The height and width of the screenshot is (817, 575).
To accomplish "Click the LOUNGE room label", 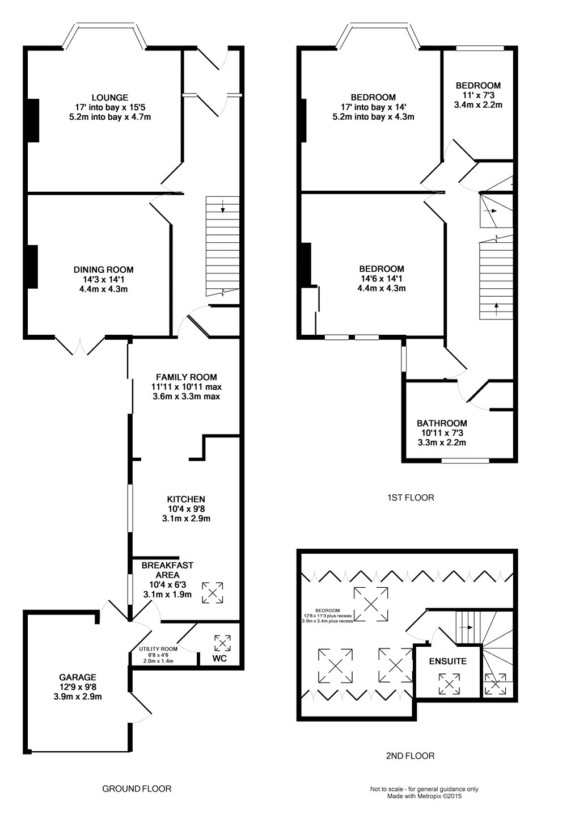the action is tap(110, 98).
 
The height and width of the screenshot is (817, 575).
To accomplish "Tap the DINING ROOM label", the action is tap(104, 270).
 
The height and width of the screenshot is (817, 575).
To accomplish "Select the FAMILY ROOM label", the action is tap(187, 377).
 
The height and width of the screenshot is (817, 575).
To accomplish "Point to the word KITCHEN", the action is tap(186, 499).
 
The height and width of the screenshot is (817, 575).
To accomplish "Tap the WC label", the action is tap(219, 658).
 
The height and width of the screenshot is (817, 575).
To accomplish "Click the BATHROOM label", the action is tap(442, 423).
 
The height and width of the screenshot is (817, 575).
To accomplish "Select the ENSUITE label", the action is tap(448, 662).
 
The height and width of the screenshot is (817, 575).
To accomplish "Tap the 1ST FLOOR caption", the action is tap(411, 498).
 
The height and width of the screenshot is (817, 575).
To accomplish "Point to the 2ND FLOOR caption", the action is tap(410, 756).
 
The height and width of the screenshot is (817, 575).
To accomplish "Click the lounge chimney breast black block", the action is tap(33, 120).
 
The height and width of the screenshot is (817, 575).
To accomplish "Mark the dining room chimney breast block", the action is tap(33, 267).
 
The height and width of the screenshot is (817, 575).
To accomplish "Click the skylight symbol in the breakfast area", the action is tap(213, 593).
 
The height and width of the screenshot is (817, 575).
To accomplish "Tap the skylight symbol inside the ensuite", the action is tap(449, 684).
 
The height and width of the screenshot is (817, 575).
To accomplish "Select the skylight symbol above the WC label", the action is tap(222, 643).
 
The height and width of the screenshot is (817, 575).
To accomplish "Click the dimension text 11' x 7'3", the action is tap(478, 95).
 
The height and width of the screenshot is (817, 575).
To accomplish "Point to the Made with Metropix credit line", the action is tap(424, 806).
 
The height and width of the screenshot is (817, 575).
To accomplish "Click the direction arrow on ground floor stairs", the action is tap(223, 207).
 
